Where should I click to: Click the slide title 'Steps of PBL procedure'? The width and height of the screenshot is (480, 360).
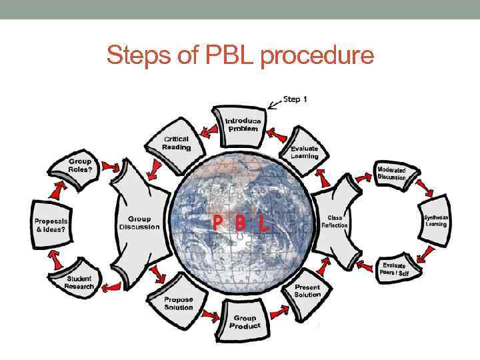click(240, 55)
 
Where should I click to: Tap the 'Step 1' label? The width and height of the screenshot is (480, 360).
click(295, 99)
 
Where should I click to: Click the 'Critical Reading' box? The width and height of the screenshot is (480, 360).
click(177, 143)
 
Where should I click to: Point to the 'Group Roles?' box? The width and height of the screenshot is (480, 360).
click(80, 165)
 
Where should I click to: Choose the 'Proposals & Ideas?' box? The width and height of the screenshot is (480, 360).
click(51, 224)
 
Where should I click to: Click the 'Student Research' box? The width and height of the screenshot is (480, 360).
click(79, 283)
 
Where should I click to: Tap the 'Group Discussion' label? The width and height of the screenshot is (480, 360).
click(139, 223)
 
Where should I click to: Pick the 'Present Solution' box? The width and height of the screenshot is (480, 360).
click(307, 291)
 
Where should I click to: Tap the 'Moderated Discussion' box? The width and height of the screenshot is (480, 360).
click(391, 173)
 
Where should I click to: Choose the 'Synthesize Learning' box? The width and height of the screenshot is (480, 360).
click(437, 221)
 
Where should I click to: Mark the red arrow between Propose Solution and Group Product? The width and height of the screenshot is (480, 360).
click(210, 314)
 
